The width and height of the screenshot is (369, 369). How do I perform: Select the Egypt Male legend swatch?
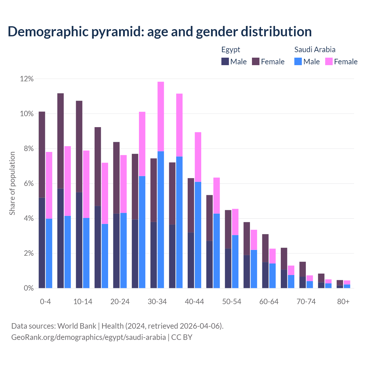tap(225, 61)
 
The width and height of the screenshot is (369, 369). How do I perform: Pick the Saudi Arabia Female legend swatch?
tap(329, 61)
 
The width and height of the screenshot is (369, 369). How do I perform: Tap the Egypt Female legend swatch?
tap(256, 61)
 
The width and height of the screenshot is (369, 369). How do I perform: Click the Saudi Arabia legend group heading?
tap(315, 50)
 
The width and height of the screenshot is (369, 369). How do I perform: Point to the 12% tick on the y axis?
tap(27, 79)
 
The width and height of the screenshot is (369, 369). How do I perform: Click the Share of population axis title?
tap(12, 183)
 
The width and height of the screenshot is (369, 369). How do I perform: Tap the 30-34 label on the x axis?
tap(157, 302)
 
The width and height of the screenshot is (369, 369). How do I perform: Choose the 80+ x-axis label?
tap(343, 302)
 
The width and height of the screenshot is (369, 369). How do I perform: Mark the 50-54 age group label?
tap(232, 302)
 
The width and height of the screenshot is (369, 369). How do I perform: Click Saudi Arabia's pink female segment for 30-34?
tap(161, 116)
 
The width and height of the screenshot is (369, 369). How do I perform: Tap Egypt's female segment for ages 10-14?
tap(79, 146)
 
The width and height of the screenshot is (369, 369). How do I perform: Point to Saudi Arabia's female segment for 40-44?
tap(198, 157)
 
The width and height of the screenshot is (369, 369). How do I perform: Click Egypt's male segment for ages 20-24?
tap(116, 251)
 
